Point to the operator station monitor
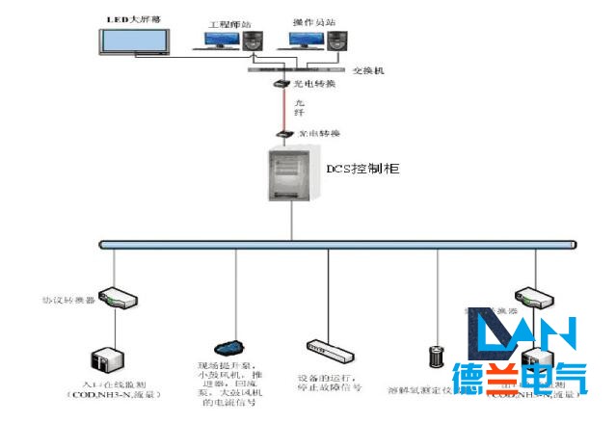coord(305,40)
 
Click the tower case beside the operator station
coord(335,41)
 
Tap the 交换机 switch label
coord(367,69)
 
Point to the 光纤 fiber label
coord(299,108)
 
